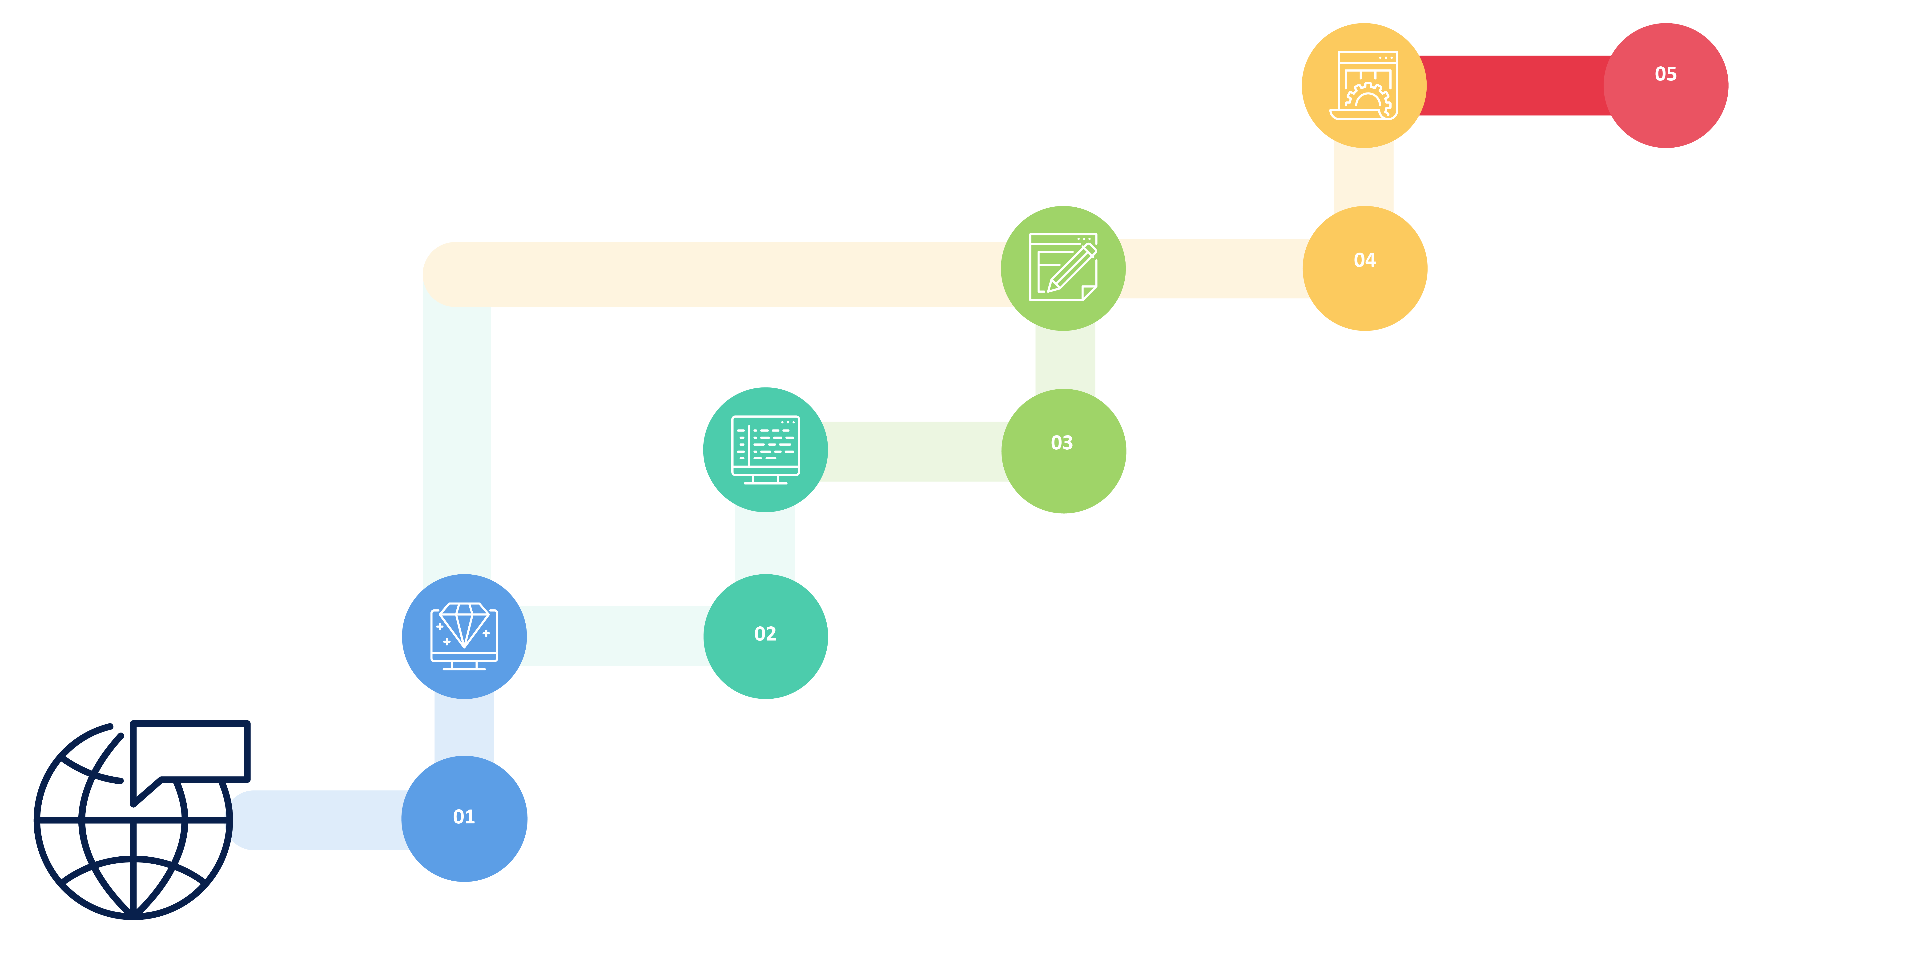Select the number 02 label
tap(765, 634)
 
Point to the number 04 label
tap(1364, 260)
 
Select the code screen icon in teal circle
tap(765, 449)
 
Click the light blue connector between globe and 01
tap(320, 819)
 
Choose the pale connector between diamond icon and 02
tap(615, 635)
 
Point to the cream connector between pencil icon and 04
tap(1214, 268)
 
